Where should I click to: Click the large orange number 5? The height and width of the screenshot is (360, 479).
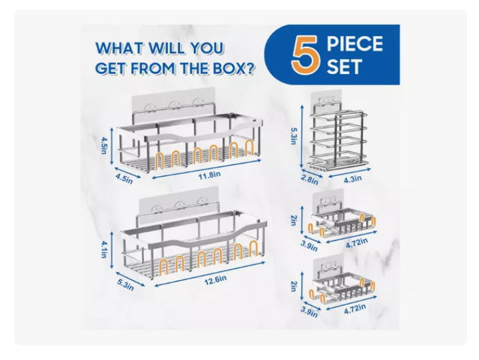(x=305, y=55)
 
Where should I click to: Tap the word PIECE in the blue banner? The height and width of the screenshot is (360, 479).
(x=354, y=44)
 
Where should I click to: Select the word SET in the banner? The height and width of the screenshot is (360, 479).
(x=344, y=67)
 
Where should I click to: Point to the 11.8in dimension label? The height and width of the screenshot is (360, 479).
(x=209, y=176)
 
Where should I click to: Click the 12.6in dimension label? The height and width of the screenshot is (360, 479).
(x=215, y=280)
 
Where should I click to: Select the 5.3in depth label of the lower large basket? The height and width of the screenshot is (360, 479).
(x=125, y=285)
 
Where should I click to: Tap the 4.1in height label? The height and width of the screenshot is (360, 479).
(x=104, y=249)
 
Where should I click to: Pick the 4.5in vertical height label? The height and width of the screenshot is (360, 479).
(x=104, y=145)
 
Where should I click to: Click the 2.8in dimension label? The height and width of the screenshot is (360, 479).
(x=310, y=180)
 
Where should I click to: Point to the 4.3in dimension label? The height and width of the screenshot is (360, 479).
(x=352, y=179)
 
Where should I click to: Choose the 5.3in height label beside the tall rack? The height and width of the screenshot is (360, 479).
(x=293, y=136)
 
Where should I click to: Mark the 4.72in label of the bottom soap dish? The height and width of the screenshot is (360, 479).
(x=354, y=309)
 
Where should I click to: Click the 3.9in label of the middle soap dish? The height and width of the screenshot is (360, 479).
(x=309, y=246)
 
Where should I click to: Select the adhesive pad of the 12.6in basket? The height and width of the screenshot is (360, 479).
(x=179, y=203)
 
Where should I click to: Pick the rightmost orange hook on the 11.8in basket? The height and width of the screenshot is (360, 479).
(x=250, y=147)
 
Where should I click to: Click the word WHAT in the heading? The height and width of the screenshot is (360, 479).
(x=119, y=48)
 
